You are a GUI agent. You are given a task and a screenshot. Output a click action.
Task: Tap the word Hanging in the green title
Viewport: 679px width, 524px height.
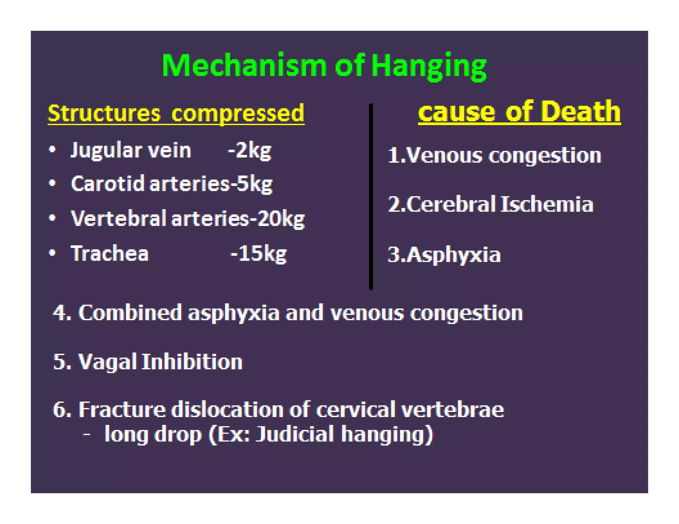point(429,66)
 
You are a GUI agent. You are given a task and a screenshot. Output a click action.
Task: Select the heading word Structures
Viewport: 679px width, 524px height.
point(104,113)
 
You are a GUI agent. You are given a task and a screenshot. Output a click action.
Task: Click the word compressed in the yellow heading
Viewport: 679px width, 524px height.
point(238,114)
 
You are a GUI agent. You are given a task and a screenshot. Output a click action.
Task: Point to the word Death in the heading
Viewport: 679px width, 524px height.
point(581,112)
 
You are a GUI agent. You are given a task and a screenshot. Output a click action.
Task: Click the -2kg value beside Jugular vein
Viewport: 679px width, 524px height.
point(250,151)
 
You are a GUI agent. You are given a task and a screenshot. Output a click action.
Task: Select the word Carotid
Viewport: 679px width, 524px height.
point(108,183)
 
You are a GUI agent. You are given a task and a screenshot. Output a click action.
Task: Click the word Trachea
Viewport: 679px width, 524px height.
point(110,254)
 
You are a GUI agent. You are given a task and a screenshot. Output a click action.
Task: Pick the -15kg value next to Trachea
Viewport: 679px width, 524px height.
point(258,254)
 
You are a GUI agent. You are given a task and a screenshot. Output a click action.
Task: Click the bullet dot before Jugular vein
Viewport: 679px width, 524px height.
point(52,150)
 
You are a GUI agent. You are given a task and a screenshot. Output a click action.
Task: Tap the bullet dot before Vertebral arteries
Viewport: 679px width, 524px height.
point(52,218)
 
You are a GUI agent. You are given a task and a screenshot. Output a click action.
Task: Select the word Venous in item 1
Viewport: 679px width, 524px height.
point(444,155)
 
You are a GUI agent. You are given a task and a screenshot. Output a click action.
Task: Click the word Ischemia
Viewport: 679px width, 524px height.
point(547,204)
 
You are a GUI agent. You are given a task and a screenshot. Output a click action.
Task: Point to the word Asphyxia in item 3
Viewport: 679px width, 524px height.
point(453,255)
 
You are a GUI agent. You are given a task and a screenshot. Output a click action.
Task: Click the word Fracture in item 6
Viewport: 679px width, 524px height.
point(122,410)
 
